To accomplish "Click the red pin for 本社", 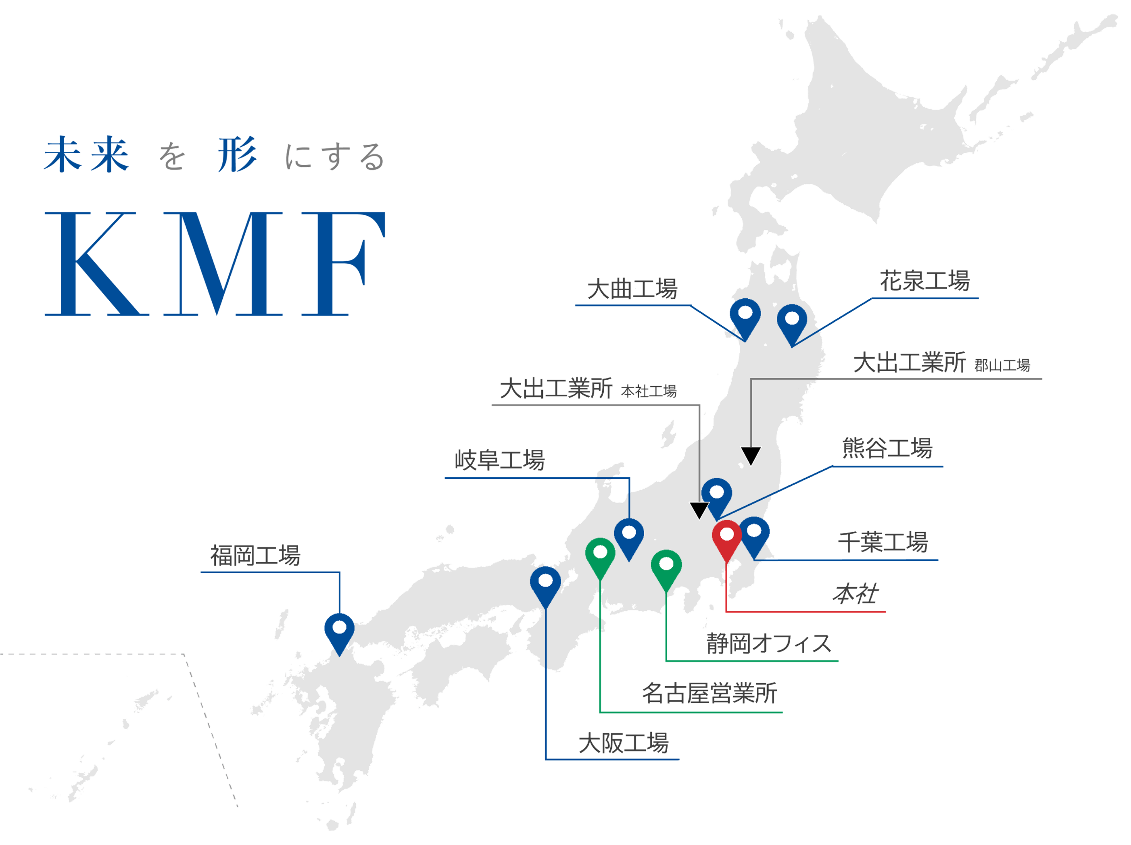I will click(726, 537).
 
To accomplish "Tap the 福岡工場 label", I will click(255, 556).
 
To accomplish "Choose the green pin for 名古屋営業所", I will click(600, 555).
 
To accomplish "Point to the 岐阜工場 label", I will click(499, 460).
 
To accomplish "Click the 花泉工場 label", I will click(924, 281).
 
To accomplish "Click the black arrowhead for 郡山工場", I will click(751, 456).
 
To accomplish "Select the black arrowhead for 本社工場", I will click(699, 510).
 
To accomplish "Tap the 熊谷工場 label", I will click(887, 449).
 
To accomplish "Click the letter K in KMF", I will click(92, 263).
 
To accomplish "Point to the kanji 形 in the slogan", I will click(236, 155).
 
